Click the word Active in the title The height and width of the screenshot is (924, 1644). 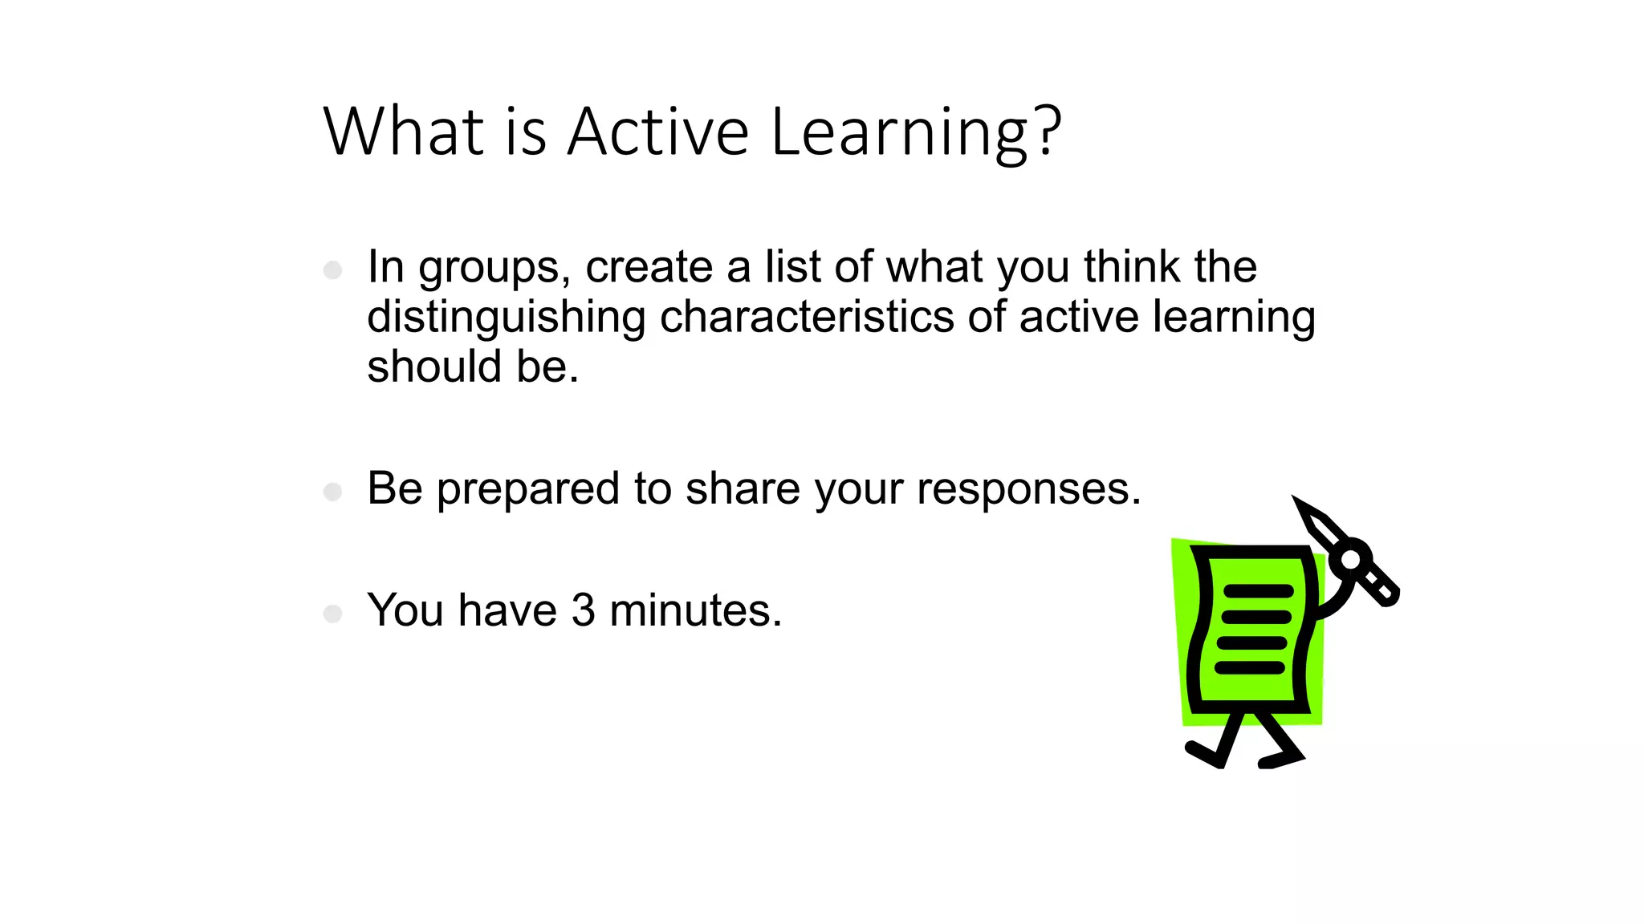658,132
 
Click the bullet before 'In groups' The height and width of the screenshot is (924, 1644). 332,270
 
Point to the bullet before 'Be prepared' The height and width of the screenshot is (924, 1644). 332,492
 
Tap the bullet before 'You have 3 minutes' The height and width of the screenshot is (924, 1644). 332,614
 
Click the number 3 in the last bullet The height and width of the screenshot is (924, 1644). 584,610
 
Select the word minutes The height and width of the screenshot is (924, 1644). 695,610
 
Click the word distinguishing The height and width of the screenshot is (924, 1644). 506,318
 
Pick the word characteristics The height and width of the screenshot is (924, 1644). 806,316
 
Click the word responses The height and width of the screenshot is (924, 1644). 1028,489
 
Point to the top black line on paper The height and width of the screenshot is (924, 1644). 1257,591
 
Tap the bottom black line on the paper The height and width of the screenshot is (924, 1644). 1250,668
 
